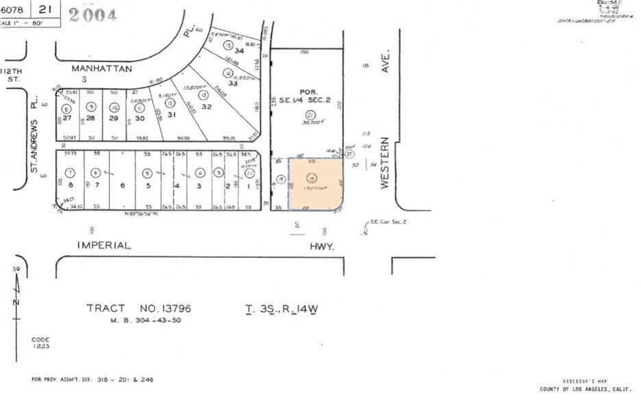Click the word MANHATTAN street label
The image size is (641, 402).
pyautogui.click(x=102, y=68)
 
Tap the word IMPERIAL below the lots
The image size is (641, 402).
pyautogui.click(x=103, y=245)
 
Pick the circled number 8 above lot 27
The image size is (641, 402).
pyautogui.click(x=66, y=108)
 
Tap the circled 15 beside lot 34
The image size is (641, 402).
pyautogui.click(x=227, y=45)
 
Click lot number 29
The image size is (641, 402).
pyautogui.click(x=114, y=118)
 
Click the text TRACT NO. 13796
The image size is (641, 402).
pyautogui.click(x=138, y=308)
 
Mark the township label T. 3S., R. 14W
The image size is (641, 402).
pyautogui.click(x=281, y=308)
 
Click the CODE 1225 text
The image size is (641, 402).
pyautogui.click(x=40, y=343)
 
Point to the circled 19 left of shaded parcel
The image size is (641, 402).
pyautogui.click(x=279, y=180)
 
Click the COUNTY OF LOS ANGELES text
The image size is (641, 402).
pyautogui.click(x=585, y=388)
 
